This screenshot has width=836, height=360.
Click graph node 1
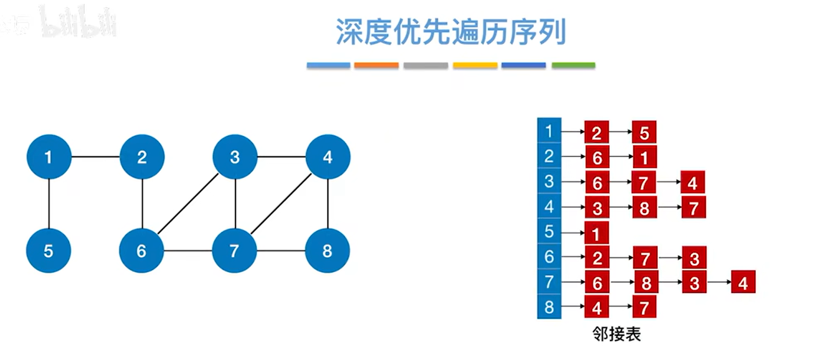pos(49,157)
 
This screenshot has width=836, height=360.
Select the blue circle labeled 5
pos(49,251)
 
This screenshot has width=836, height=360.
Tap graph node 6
pos(142,251)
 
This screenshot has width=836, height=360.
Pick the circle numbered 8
pos(328,251)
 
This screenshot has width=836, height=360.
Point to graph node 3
pos(235,157)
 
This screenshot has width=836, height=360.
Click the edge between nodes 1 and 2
pos(95,157)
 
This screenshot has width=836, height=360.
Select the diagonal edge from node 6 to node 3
pos(188,204)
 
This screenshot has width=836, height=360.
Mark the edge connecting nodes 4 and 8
pos(328,204)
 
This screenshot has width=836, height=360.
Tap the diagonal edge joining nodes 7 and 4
pos(281,204)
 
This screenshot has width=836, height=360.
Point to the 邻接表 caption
pos(616,335)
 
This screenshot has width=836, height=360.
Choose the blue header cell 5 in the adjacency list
pos(549,232)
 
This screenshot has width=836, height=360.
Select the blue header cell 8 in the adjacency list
pos(549,307)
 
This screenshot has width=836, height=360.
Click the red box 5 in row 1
pos(644,132)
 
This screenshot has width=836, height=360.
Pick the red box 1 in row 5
pos(596,234)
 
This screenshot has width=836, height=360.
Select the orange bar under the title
pos(376,65)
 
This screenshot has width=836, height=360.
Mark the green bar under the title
pos(573,65)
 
